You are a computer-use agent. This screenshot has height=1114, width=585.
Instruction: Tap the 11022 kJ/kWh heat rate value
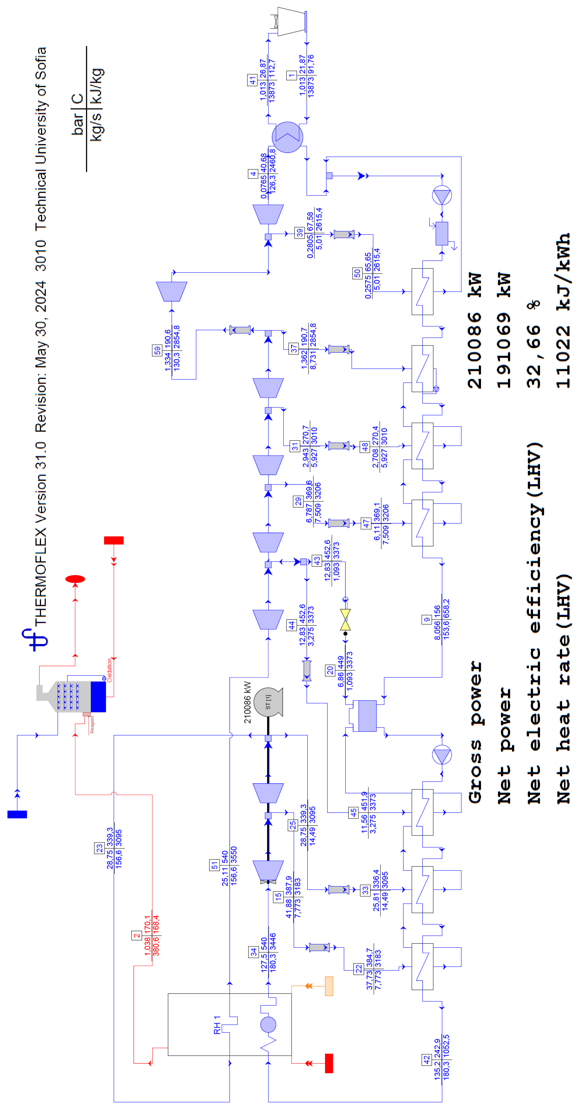(x=564, y=311)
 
